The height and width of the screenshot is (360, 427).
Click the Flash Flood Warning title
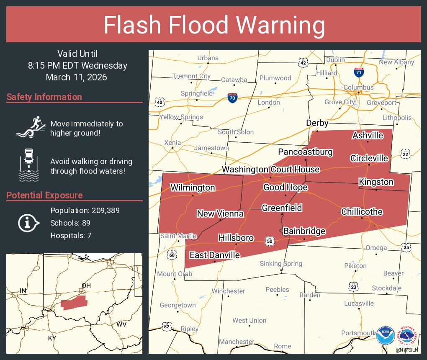click(x=214, y=25)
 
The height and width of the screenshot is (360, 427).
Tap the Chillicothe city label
click(x=362, y=212)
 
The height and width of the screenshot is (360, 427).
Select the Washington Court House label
click(x=270, y=170)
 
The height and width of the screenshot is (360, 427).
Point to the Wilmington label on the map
click(x=193, y=188)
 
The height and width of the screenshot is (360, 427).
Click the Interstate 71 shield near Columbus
click(x=358, y=72)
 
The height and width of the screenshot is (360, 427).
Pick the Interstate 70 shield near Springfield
click(x=233, y=98)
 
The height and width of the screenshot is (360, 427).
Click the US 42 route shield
click(x=304, y=63)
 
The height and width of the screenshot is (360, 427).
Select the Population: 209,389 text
click(x=85, y=210)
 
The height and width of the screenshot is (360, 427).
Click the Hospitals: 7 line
click(x=71, y=236)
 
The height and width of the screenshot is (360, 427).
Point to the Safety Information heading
click(x=44, y=97)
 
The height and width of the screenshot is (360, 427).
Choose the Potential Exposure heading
click(x=44, y=195)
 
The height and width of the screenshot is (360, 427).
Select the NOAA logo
click(x=385, y=335)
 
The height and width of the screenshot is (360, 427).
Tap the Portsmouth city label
click(x=358, y=333)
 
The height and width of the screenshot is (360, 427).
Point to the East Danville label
click(x=215, y=255)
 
